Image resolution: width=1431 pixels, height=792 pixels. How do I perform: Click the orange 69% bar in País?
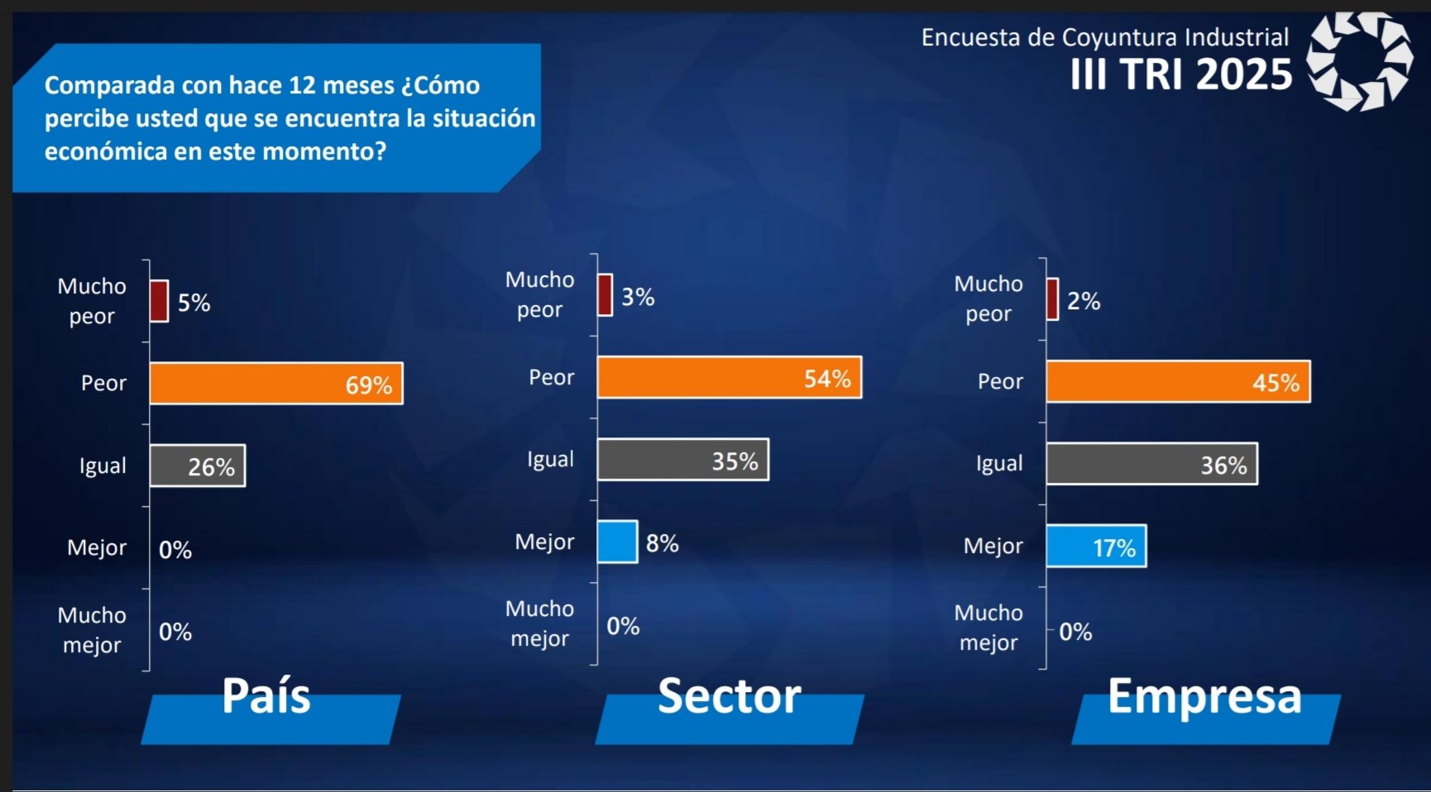pyautogui.click(x=275, y=384)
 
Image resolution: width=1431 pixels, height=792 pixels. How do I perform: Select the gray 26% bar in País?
pyautogui.click(x=197, y=466)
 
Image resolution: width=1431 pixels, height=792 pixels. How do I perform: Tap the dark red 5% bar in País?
pyautogui.click(x=159, y=301)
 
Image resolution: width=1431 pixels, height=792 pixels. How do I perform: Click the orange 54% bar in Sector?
pyautogui.click(x=729, y=378)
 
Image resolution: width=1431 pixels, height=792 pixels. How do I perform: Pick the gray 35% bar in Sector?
pyautogui.click(x=682, y=460)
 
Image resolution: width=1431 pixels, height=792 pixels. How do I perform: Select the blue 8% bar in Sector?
pyautogui.click(x=617, y=542)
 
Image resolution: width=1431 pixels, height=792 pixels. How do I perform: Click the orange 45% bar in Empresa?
pyautogui.click(x=1177, y=382)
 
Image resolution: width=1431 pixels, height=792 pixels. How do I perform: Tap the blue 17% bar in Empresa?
pyautogui.click(x=1096, y=546)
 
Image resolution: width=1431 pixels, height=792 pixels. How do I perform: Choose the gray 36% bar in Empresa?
pyautogui.click(x=1151, y=464)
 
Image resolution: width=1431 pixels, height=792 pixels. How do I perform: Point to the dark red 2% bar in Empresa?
pyautogui.click(x=1052, y=299)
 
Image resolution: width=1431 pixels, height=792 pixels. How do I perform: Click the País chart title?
pyautogui.click(x=266, y=696)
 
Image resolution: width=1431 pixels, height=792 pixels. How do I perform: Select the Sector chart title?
pyautogui.click(x=729, y=696)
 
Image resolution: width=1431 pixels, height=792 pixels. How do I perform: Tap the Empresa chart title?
pyautogui.click(x=1204, y=696)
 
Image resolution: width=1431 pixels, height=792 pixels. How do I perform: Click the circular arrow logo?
pyautogui.click(x=1359, y=61)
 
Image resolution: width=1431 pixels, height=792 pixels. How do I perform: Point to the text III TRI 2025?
pyautogui.click(x=1180, y=75)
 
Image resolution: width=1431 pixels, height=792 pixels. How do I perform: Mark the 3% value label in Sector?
pyautogui.click(x=638, y=297)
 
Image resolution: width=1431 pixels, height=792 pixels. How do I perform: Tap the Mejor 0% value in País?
pyautogui.click(x=175, y=550)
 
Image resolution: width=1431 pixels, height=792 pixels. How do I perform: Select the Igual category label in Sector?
pyautogui.click(x=550, y=460)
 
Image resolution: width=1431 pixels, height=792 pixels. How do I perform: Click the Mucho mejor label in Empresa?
pyautogui.click(x=988, y=627)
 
